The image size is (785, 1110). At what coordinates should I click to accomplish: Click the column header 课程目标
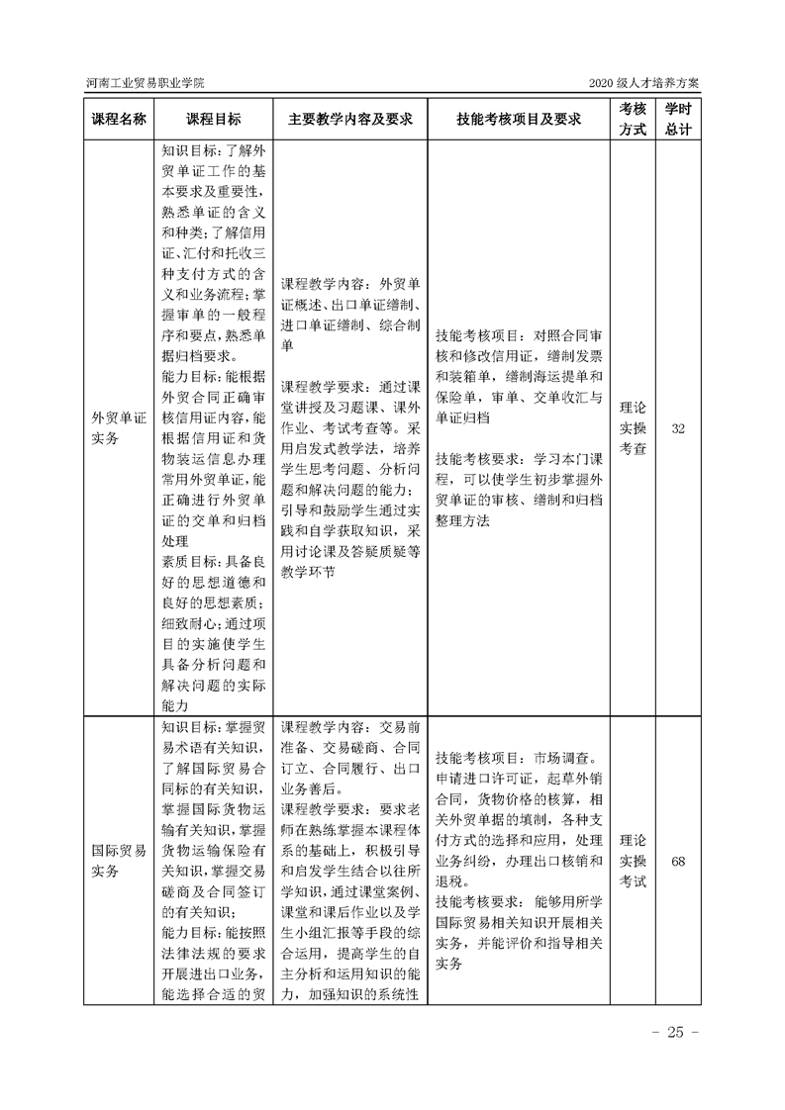click(213, 119)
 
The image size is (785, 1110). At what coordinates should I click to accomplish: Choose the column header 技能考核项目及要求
click(518, 119)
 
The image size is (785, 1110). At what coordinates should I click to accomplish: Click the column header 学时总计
click(678, 119)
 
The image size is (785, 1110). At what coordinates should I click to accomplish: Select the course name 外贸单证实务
click(119, 427)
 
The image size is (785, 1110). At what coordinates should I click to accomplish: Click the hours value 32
click(678, 428)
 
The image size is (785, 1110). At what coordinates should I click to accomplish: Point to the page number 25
click(676, 1033)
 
